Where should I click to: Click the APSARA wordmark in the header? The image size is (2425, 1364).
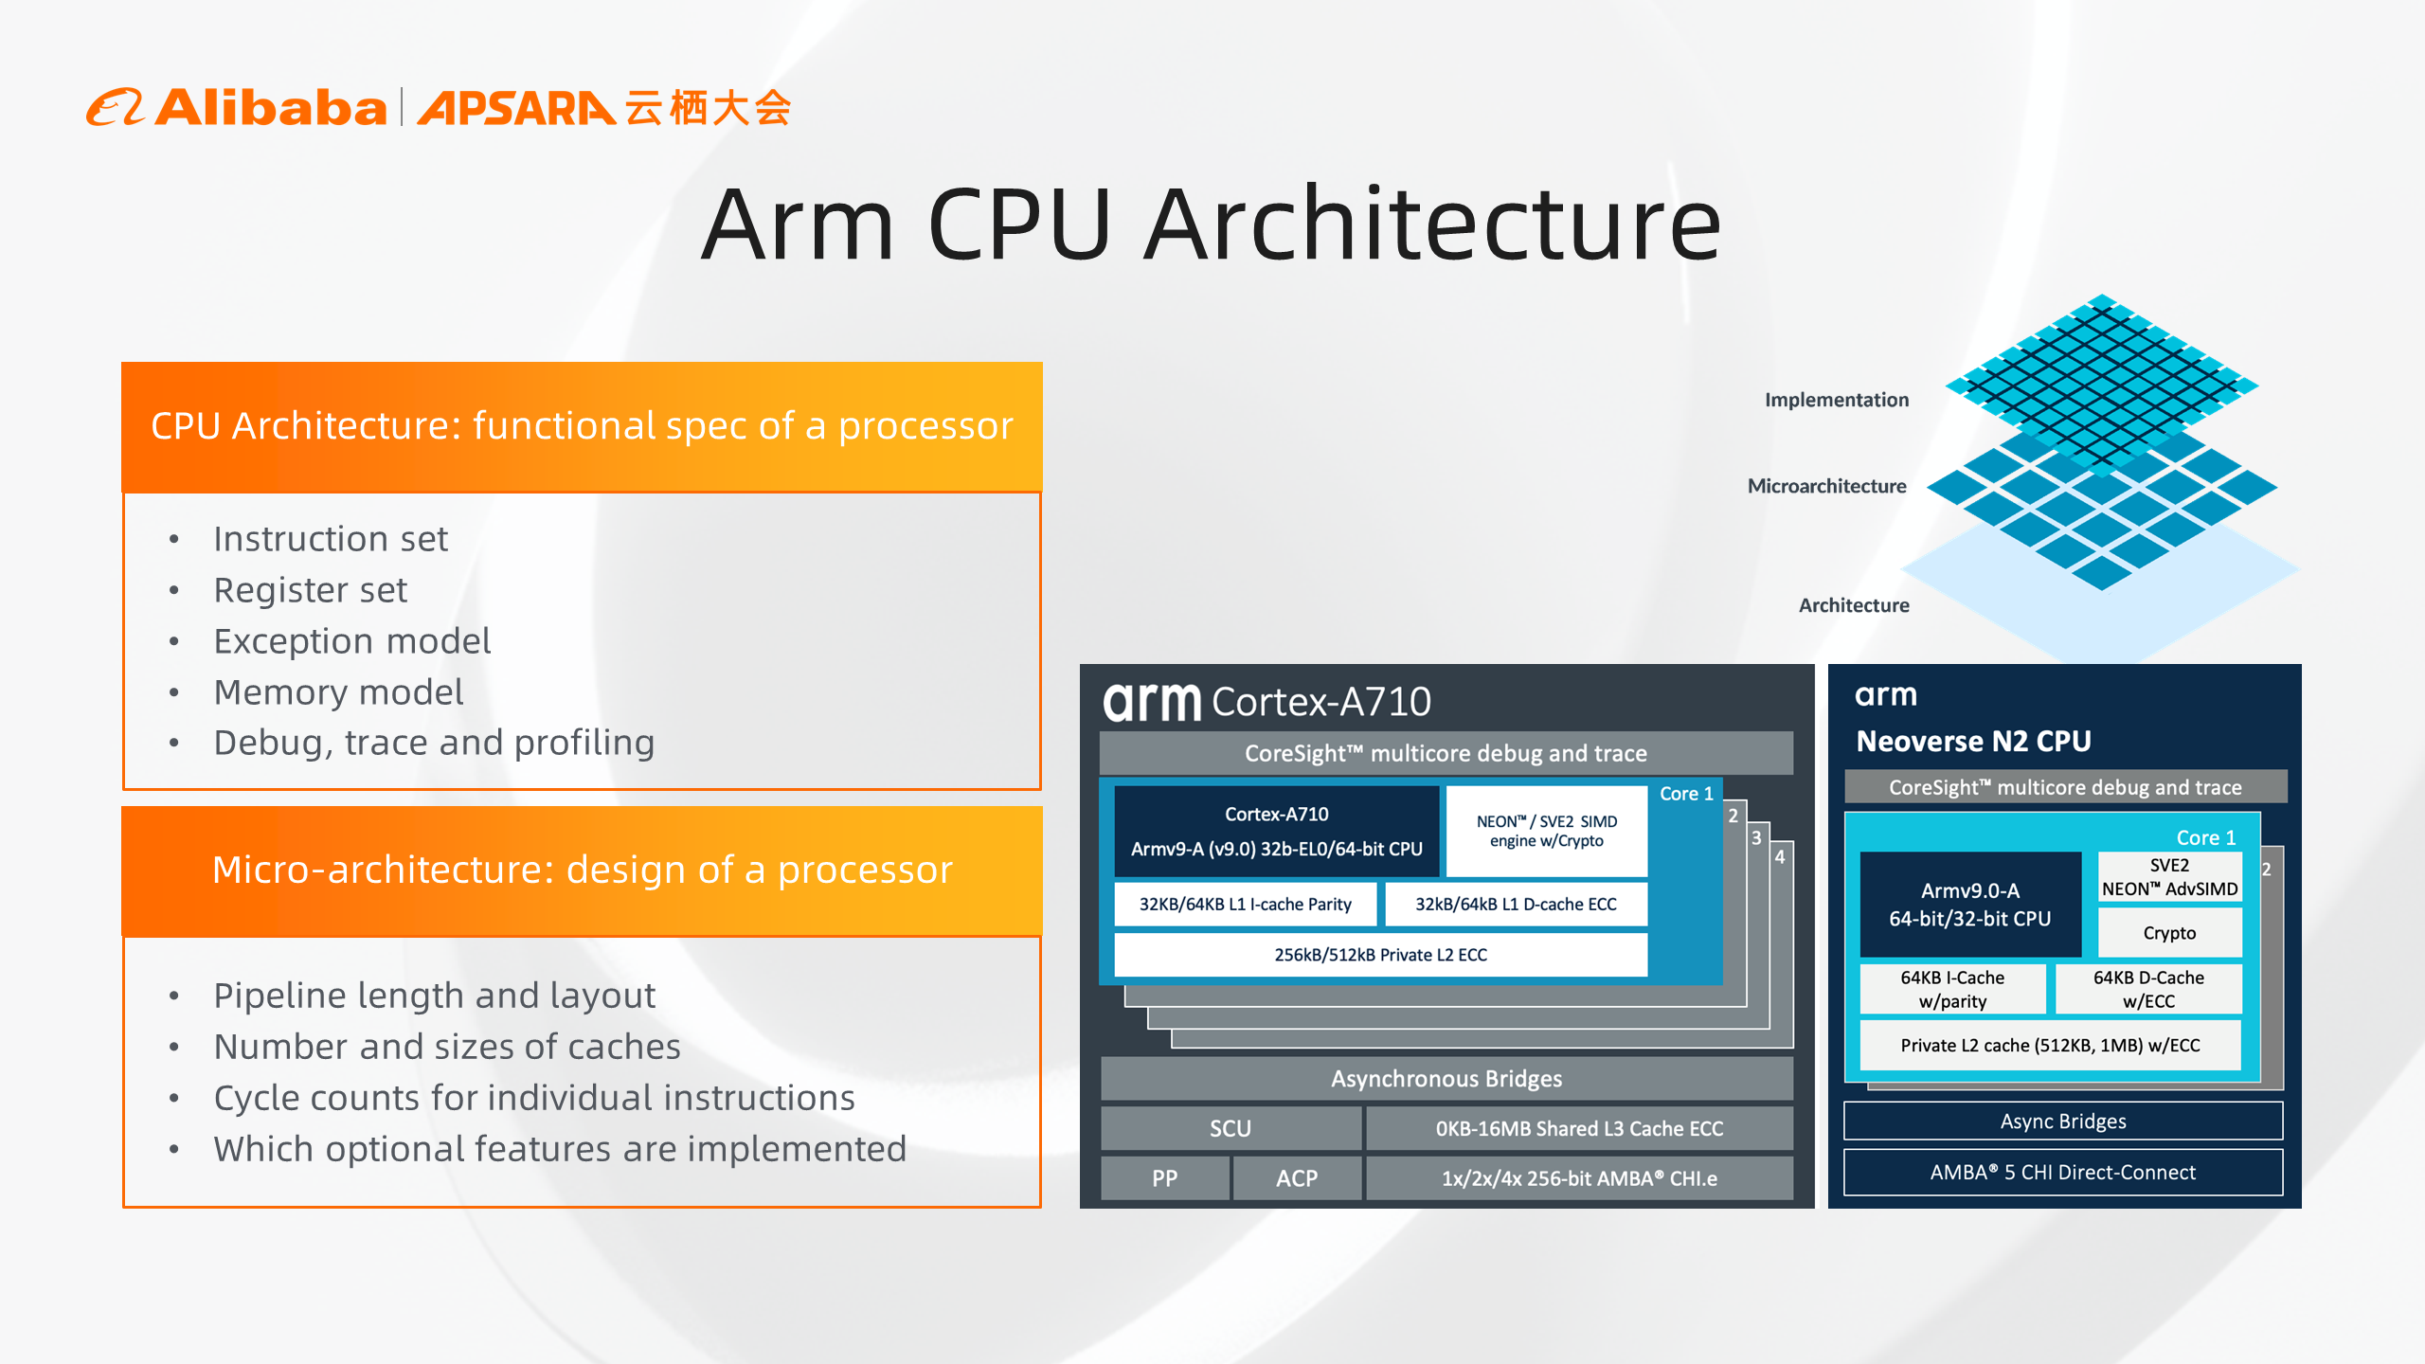pyautogui.click(x=516, y=108)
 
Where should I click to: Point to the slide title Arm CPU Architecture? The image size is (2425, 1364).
pyautogui.click(x=1211, y=225)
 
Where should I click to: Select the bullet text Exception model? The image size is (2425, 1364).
pyautogui.click(x=352, y=641)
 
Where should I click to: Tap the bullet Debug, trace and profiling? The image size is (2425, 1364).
pyautogui.click(x=434, y=744)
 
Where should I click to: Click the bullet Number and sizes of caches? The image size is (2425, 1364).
pyautogui.click(x=447, y=1047)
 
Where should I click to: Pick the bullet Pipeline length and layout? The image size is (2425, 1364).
pyautogui.click(x=434, y=996)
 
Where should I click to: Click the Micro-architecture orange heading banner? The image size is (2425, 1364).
pyautogui.click(x=582, y=870)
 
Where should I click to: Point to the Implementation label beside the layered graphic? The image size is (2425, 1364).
pyautogui.click(x=1836, y=400)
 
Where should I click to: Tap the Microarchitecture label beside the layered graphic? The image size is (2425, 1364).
pyautogui.click(x=1826, y=486)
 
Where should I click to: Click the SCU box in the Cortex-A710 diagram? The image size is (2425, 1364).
pyautogui.click(x=1230, y=1128)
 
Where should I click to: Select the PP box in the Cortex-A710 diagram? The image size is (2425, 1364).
pyautogui.click(x=1165, y=1178)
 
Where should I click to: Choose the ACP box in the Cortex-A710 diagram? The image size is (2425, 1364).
pyautogui.click(x=1297, y=1178)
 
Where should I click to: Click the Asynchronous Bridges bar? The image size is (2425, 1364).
pyautogui.click(x=1446, y=1079)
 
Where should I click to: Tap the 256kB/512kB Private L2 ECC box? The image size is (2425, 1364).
pyautogui.click(x=1380, y=955)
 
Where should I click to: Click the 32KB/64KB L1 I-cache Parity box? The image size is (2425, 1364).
pyautogui.click(x=1245, y=905)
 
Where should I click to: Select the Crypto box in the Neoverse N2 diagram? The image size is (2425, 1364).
pyautogui.click(x=2169, y=933)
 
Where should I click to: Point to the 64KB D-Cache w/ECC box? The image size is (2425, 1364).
pyautogui.click(x=2148, y=989)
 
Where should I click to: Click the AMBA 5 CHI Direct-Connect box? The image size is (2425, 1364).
pyautogui.click(x=2063, y=1173)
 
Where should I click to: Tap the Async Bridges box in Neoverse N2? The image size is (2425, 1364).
pyautogui.click(x=2063, y=1122)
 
